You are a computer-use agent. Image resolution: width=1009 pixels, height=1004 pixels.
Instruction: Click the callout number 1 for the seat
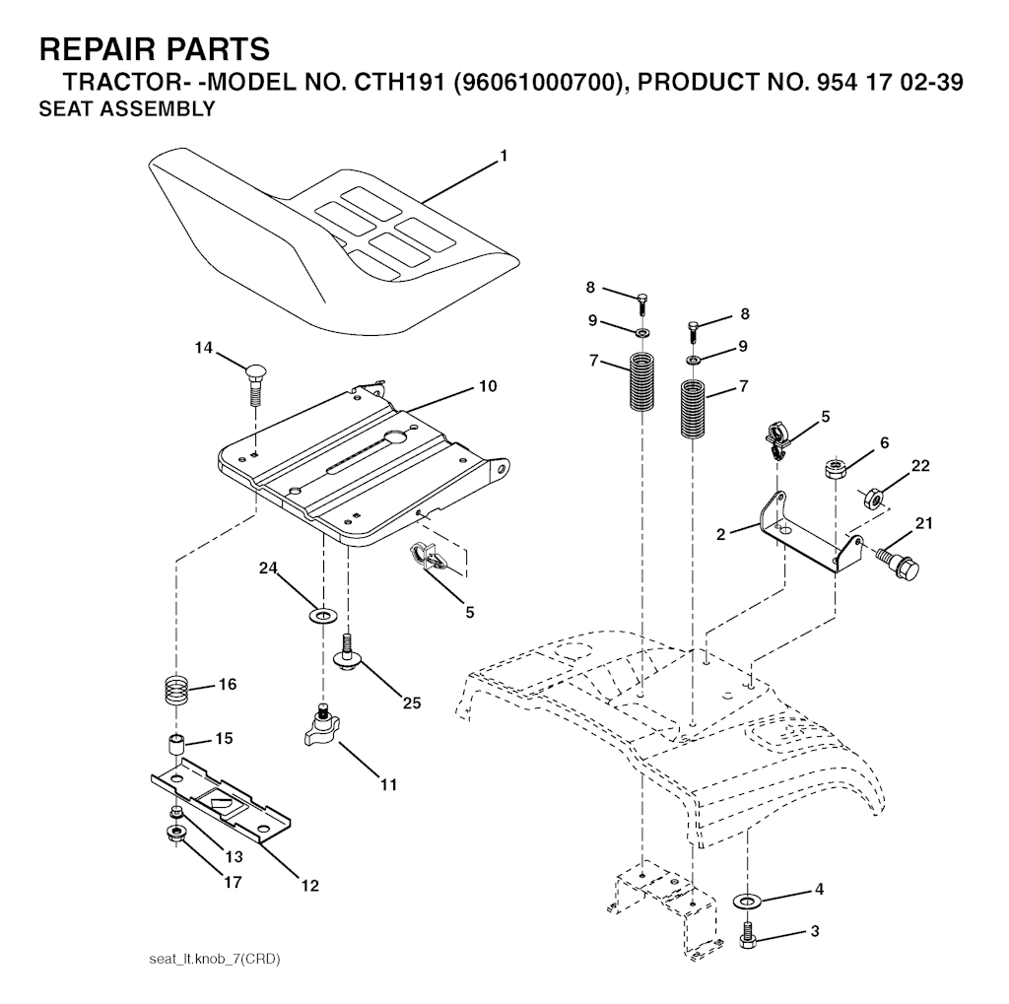point(504,156)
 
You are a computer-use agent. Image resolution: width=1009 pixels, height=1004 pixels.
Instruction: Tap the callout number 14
point(203,348)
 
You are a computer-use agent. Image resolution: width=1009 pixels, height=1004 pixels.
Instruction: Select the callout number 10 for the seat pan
point(488,386)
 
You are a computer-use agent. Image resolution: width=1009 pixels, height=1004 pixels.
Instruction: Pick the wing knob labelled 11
point(321,726)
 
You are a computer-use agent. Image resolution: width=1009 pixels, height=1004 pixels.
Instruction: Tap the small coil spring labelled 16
point(175,690)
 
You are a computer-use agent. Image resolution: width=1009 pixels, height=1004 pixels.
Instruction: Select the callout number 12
point(310,886)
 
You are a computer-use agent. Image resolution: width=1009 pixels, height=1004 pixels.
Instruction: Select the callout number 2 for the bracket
point(720,534)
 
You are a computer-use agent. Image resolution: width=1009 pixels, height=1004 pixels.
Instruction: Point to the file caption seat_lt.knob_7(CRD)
point(215,959)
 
